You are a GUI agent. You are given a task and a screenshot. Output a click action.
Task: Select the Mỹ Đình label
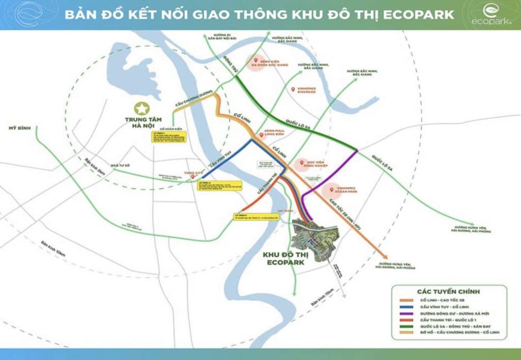(x=18, y=128)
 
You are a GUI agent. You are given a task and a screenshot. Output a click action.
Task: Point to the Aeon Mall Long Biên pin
(x=262, y=135)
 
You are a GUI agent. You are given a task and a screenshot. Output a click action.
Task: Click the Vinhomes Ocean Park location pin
(x=331, y=190)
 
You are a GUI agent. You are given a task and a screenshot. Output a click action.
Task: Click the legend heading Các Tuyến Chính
(x=449, y=292)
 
